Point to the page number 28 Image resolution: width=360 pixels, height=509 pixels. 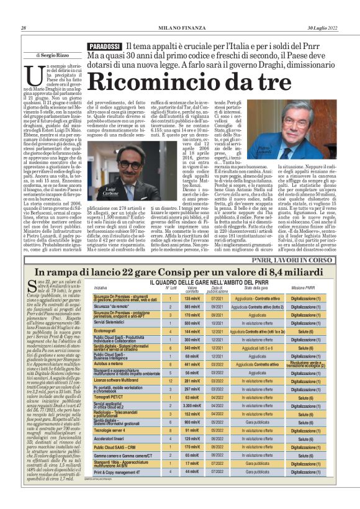coord(24,28)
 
